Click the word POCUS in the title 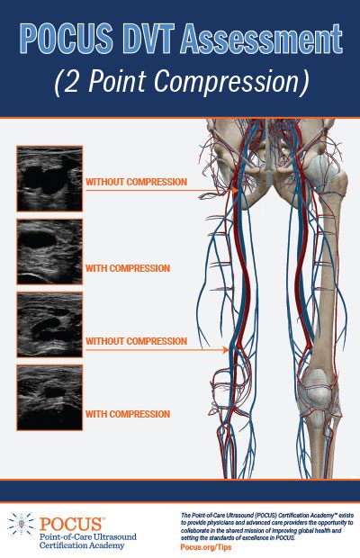67,39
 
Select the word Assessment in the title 262,39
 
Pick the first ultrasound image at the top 49,178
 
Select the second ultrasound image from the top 49,252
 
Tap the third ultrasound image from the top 49,325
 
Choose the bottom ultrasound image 49,397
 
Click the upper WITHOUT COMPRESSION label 136,182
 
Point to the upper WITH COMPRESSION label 128,268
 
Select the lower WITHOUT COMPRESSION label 136,341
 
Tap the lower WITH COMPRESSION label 128,414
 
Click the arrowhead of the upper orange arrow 235,191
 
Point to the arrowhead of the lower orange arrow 226,350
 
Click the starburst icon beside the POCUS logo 22,524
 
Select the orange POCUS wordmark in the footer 71,524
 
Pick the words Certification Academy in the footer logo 82,545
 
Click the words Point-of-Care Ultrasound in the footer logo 88,536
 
